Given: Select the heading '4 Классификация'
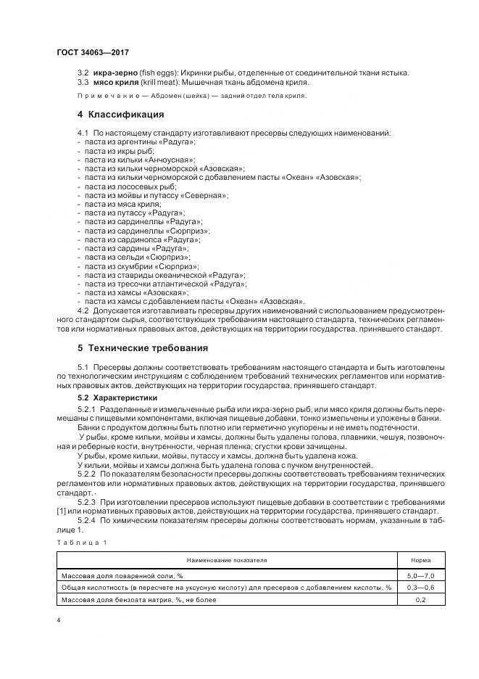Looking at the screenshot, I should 120,115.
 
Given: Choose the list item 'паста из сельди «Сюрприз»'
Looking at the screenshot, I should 137,257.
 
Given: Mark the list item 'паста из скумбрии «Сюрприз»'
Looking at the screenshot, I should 141,266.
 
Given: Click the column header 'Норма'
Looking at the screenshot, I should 420,561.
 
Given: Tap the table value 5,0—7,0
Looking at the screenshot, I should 420,575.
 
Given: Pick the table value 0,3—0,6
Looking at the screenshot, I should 420,587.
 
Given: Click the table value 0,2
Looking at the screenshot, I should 420,600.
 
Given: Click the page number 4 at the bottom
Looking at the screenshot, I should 59,621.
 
